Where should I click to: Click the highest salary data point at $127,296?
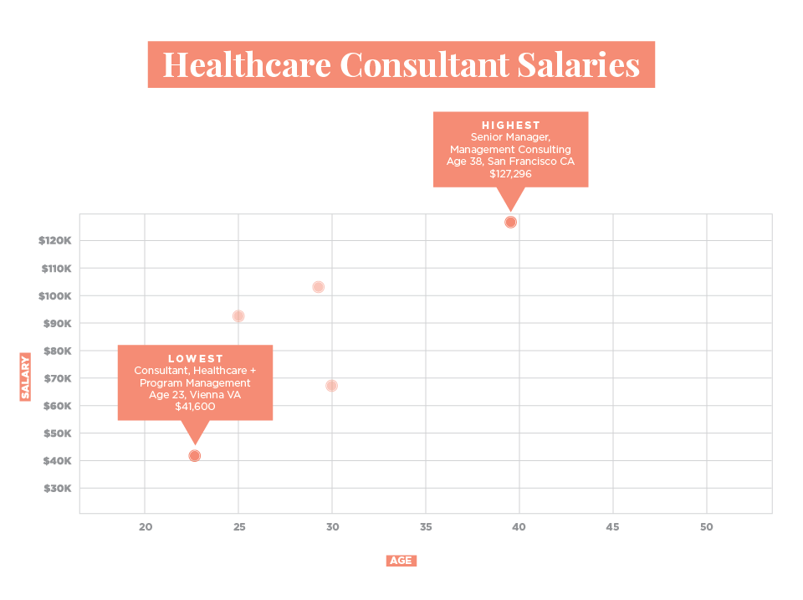(510, 222)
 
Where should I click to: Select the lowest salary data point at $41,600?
(195, 456)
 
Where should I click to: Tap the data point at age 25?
(238, 316)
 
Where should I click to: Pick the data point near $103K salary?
(318, 287)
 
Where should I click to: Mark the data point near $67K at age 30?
(332, 386)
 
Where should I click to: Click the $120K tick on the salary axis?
(55, 241)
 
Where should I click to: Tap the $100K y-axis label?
(55, 296)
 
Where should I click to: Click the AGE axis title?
(401, 561)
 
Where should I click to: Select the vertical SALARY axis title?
(25, 377)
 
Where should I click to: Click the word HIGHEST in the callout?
(510, 126)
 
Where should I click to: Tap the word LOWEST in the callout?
(195, 359)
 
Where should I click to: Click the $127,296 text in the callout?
(510, 174)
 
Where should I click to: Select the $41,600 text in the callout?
(195, 407)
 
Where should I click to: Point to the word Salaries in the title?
(581, 65)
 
